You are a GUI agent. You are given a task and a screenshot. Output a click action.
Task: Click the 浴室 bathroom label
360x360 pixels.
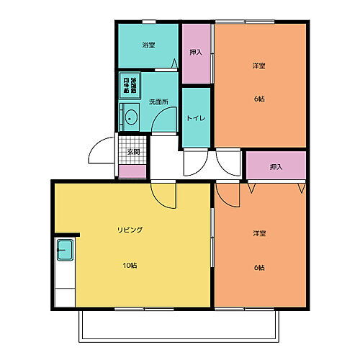point(148,45)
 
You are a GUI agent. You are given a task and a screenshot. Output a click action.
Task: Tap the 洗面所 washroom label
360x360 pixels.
point(158,102)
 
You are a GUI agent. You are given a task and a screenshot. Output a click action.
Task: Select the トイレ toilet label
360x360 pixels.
point(195,117)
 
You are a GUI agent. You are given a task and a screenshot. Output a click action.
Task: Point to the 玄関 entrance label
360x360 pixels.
point(133,152)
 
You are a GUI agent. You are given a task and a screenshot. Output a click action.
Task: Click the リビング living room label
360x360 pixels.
point(130,230)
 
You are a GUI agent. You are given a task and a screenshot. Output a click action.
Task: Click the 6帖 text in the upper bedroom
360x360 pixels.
point(259,99)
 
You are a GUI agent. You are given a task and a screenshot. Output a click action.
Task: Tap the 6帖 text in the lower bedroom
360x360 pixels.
point(259,267)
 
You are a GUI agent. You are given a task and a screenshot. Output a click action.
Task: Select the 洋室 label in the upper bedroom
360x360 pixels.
point(259,66)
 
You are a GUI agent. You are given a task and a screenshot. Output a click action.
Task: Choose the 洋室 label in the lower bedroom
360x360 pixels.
point(259,234)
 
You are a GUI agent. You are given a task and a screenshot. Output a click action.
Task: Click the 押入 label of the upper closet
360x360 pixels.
point(195,53)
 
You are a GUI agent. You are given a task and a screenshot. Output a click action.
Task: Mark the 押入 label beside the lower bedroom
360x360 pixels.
point(276,167)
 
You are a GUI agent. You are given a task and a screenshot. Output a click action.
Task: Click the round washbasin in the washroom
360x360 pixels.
point(131,117)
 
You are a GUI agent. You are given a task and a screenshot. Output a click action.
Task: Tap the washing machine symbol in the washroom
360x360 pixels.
point(130,85)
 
